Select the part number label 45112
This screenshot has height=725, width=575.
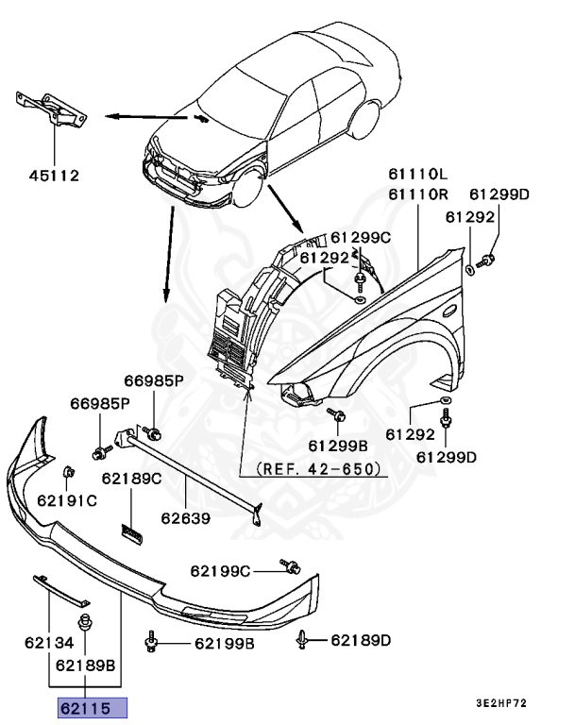pyautogui.click(x=53, y=175)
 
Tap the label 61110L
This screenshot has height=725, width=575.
pyautogui.click(x=416, y=176)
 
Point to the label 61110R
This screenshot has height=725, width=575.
pyautogui.click(x=416, y=194)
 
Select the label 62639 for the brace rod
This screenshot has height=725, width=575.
pyautogui.click(x=185, y=517)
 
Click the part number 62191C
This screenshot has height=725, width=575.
pyautogui.click(x=67, y=499)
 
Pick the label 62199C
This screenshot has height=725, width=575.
pyautogui.click(x=220, y=570)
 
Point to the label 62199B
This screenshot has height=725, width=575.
pyautogui.click(x=225, y=644)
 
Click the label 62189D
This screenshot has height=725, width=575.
pyautogui.click(x=361, y=641)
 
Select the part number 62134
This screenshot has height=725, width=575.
pyautogui.click(x=49, y=645)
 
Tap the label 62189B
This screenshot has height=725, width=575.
pyautogui.click(x=85, y=664)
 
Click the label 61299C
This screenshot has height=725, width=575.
pyautogui.click(x=360, y=237)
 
